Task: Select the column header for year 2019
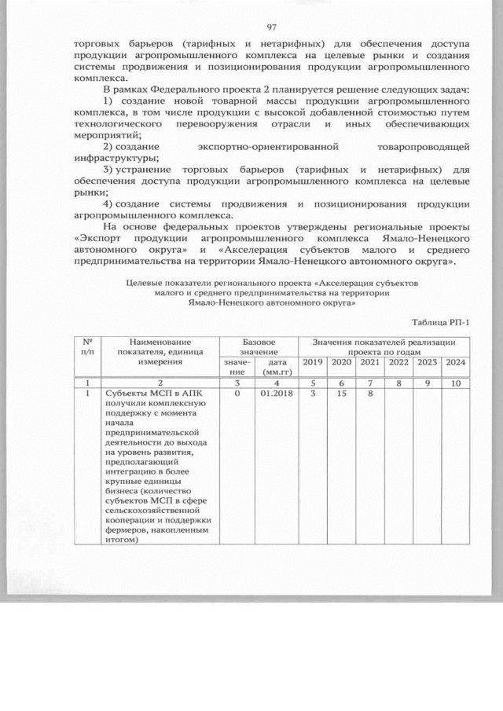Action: point(313,361)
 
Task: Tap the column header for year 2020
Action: point(341,361)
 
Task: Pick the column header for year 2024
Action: point(455,361)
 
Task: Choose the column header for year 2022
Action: point(398,361)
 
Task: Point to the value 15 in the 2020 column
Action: point(341,393)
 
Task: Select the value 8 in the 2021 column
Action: point(369,393)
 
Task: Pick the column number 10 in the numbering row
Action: point(455,382)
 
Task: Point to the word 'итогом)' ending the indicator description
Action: point(120,540)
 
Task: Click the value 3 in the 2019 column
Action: point(313,393)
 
